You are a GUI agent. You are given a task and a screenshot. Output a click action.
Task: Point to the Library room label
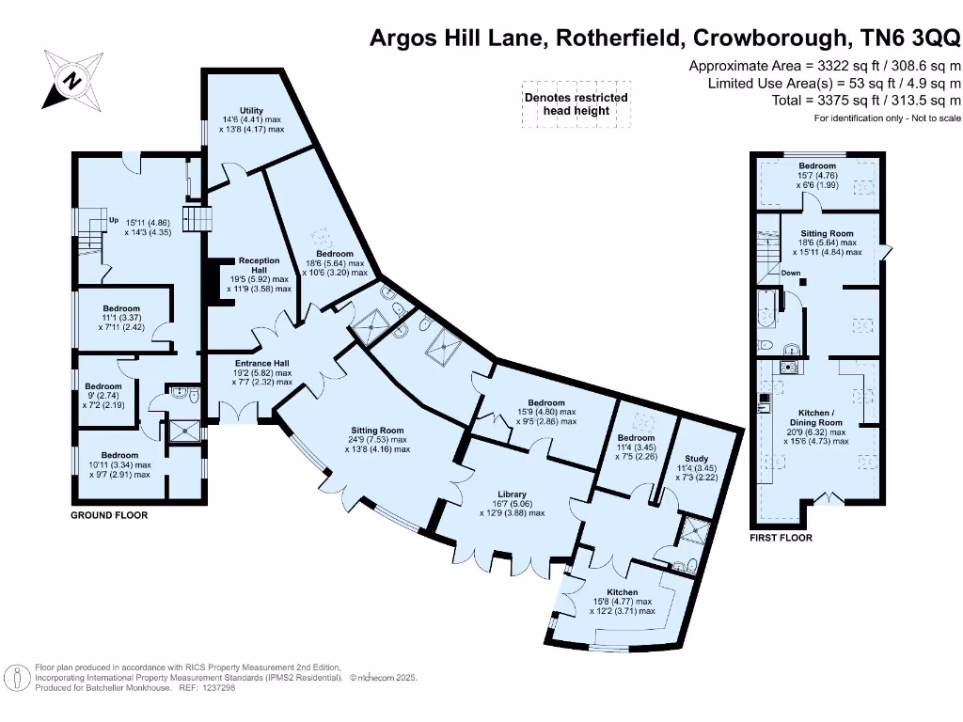(512, 494)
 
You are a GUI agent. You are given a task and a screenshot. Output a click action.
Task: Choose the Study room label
(697, 459)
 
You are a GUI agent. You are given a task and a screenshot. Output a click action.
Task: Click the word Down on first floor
(791, 274)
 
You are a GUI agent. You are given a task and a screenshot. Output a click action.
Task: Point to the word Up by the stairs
(113, 220)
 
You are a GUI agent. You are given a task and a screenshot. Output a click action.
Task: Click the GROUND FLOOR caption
(110, 515)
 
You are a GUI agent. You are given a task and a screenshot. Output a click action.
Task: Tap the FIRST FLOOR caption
(781, 538)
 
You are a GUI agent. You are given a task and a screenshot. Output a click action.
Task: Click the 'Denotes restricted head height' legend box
(576, 103)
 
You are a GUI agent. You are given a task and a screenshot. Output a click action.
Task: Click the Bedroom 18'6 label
(334, 254)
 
